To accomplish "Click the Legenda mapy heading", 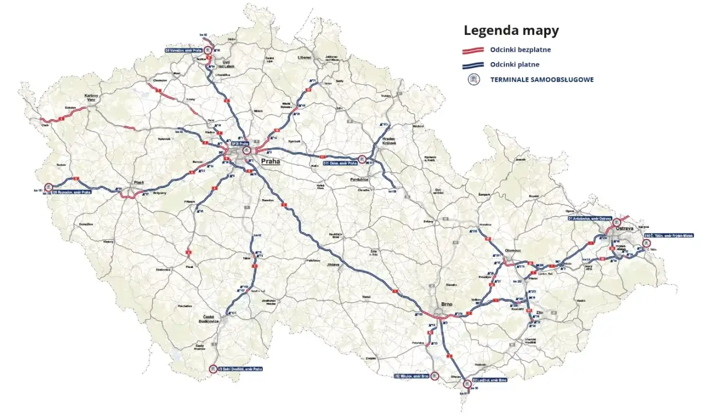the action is [511, 31].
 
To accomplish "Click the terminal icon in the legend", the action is [474, 79].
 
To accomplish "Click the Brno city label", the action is [447, 304].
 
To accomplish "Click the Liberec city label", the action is [305, 57].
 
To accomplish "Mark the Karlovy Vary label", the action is [92, 98].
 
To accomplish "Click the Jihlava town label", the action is [333, 265].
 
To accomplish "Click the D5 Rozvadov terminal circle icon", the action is [48, 187].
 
